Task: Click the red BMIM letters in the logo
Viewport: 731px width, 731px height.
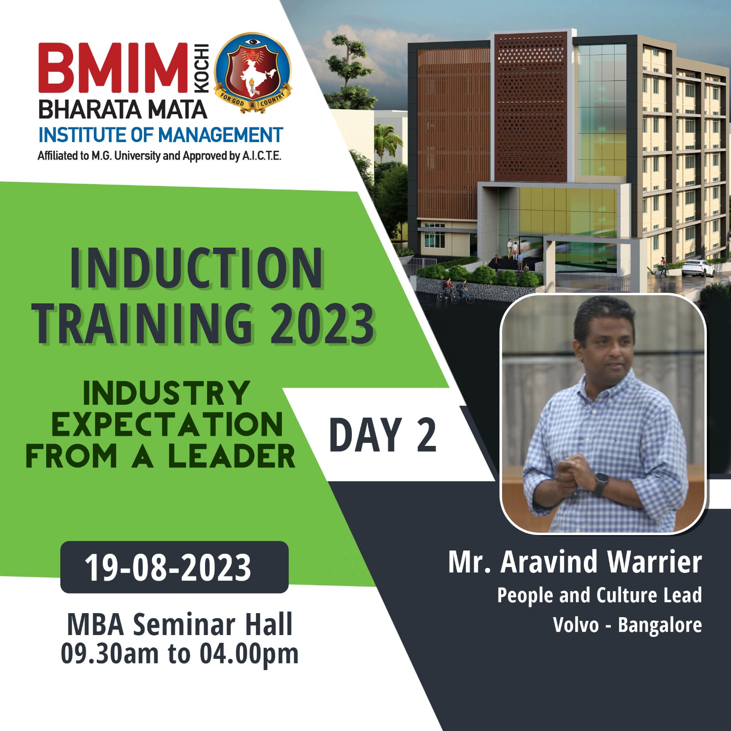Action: [113, 68]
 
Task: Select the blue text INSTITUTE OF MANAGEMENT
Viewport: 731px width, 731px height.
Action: [161, 135]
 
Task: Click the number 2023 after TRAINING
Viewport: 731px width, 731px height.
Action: [322, 323]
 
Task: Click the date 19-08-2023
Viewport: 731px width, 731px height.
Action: [168, 567]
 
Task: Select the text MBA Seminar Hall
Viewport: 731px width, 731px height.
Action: [180, 624]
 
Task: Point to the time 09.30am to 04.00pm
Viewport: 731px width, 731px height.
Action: [180, 653]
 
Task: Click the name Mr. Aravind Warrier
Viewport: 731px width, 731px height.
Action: [575, 561]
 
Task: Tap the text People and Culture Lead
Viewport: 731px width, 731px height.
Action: [599, 595]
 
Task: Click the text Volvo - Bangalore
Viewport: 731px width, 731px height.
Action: [627, 625]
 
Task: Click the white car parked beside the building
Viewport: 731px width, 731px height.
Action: [698, 268]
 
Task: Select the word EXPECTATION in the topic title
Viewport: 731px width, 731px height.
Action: [167, 424]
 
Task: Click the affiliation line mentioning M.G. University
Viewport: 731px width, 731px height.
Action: [159, 156]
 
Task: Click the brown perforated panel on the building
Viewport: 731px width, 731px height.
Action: [530, 107]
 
